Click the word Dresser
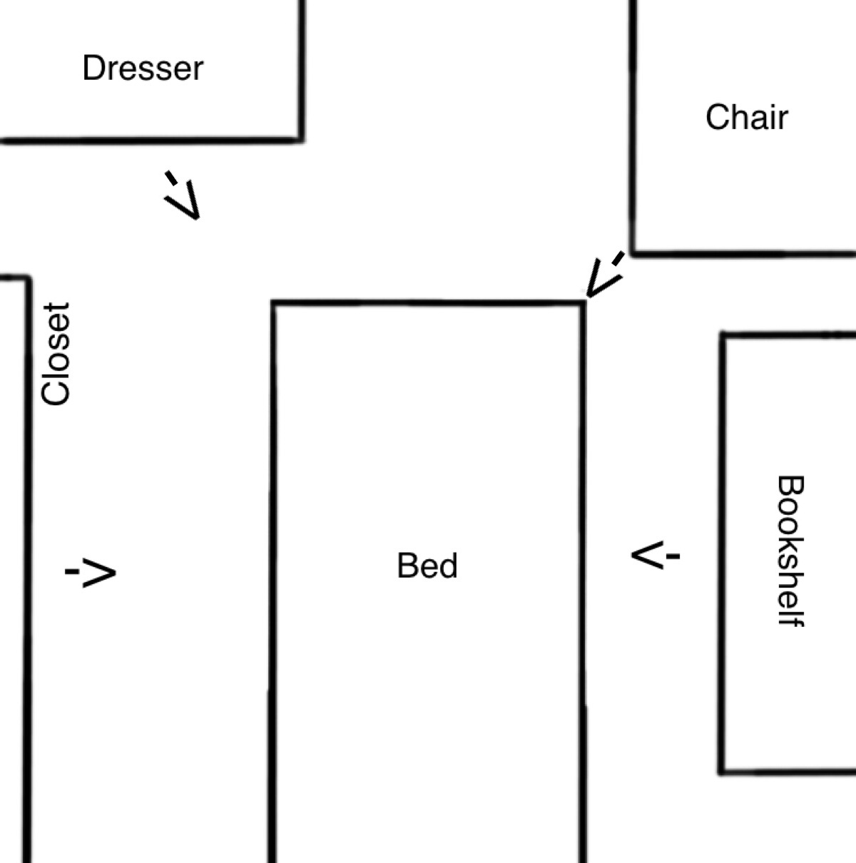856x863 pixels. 143,68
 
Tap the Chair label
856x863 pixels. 746,118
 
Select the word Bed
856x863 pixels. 427,566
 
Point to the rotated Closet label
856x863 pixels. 56,354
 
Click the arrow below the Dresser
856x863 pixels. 183,195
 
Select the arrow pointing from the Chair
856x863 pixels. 604,275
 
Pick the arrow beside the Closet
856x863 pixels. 91,572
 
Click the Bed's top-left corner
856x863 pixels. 273,304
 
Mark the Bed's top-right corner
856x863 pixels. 583,304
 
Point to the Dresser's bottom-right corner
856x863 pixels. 301,139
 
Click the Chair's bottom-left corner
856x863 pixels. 633,252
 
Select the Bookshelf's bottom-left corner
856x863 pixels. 722,770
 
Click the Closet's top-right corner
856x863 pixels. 28,278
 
